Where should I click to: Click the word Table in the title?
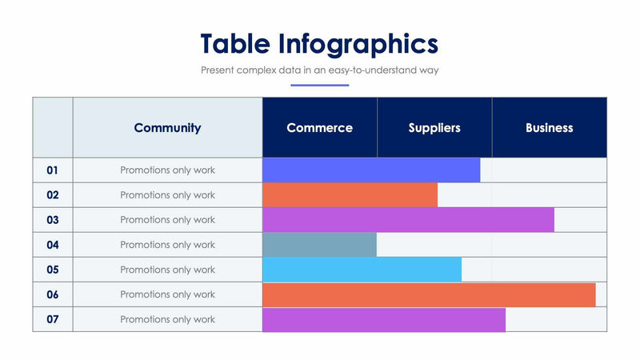tap(235, 42)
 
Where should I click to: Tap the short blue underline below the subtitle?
tap(319, 85)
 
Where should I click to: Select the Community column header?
tap(167, 128)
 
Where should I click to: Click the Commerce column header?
tap(319, 128)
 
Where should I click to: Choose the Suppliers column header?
tap(434, 128)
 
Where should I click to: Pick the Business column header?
tap(549, 128)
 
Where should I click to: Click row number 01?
tap(53, 170)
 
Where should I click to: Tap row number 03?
tap(53, 220)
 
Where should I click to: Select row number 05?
tap(53, 270)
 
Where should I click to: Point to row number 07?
tap(53, 319)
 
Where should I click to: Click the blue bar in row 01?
tap(371, 170)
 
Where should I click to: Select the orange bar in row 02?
tap(350, 195)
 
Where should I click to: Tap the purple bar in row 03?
tap(408, 220)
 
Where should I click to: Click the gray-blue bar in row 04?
tap(319, 245)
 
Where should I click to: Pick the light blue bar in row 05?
tap(362, 270)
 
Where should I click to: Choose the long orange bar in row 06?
tap(429, 294)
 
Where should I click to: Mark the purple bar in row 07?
tap(384, 319)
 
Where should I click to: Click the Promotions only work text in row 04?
tap(167, 245)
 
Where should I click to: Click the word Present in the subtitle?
tap(218, 70)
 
